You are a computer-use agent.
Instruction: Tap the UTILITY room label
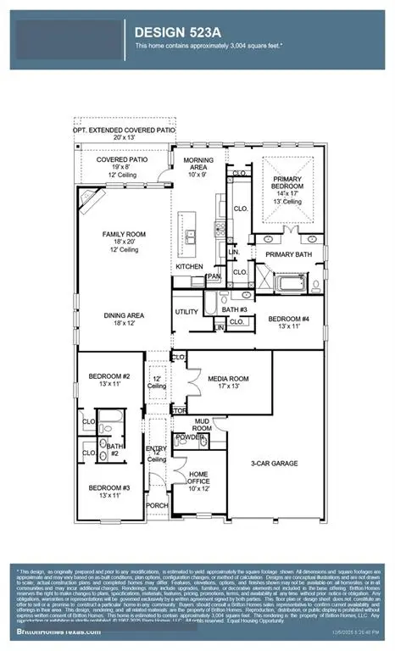pos(186,312)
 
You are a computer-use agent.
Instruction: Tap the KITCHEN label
pos(189,266)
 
